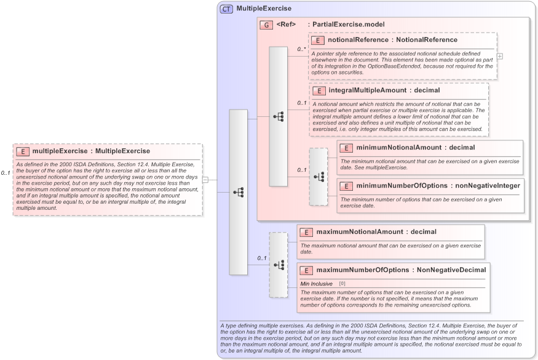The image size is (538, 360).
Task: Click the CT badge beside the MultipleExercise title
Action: pyautogui.click(x=226, y=9)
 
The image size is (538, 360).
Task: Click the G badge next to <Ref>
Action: pyautogui.click(x=266, y=25)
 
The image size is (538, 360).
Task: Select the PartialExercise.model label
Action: pyautogui.click(x=348, y=25)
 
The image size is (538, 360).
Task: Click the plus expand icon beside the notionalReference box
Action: pyautogui.click(x=500, y=56)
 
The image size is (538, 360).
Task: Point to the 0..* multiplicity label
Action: pyautogui.click(x=301, y=49)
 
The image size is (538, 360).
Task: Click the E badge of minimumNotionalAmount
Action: pyautogui.click(x=346, y=148)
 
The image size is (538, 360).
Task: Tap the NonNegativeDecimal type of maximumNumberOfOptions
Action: pyautogui.click(x=451, y=270)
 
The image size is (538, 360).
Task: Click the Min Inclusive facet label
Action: pyautogui.click(x=316, y=283)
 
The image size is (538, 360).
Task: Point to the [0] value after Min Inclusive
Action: pyautogui.click(x=342, y=283)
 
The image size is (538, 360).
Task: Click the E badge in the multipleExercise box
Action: pyautogui.click(x=22, y=151)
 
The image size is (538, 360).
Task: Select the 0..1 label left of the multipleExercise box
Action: pyautogui.click(x=6, y=173)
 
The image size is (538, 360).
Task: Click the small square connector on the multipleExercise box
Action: pyautogui.click(x=205, y=180)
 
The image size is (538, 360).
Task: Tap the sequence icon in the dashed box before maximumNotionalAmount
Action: pyautogui.click(x=279, y=265)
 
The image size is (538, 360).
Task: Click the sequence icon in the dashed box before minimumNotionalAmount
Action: pyautogui.click(x=318, y=177)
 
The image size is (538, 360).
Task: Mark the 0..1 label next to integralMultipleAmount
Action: pyautogui.click(x=301, y=103)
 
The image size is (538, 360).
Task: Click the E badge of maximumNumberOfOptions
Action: pyautogui.click(x=306, y=270)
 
